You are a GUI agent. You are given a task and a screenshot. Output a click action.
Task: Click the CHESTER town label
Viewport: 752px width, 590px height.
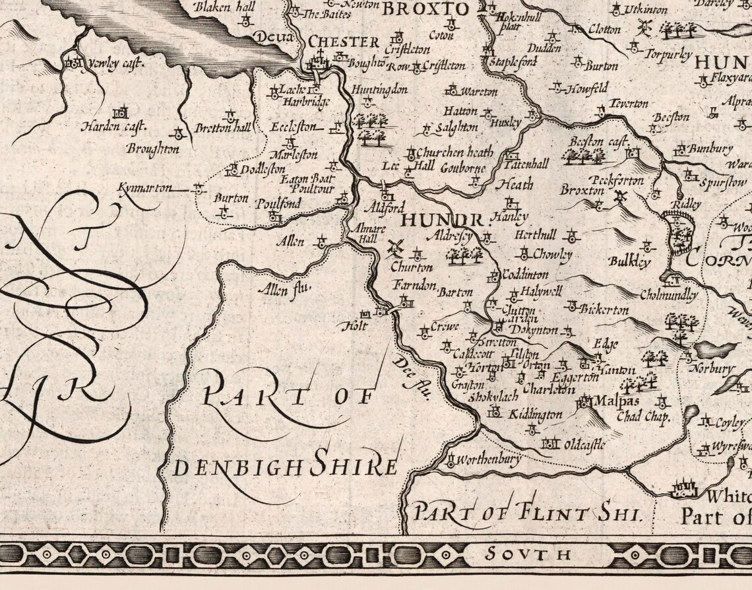pos(344,42)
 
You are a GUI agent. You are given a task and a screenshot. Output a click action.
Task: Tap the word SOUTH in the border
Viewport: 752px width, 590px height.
pos(527,554)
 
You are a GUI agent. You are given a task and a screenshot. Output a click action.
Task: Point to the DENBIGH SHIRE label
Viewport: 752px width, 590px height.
pos(285,466)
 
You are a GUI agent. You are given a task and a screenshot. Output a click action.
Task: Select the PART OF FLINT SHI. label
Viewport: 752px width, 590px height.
pos(526,511)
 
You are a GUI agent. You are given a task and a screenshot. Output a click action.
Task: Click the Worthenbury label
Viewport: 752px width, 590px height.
pos(488,459)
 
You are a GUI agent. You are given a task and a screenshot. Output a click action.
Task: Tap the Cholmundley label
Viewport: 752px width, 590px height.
pos(668,295)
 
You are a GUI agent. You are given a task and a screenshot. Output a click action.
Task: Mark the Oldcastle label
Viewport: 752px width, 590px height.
pos(583,445)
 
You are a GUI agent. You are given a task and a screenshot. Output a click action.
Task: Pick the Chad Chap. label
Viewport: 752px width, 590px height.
pos(642,417)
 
